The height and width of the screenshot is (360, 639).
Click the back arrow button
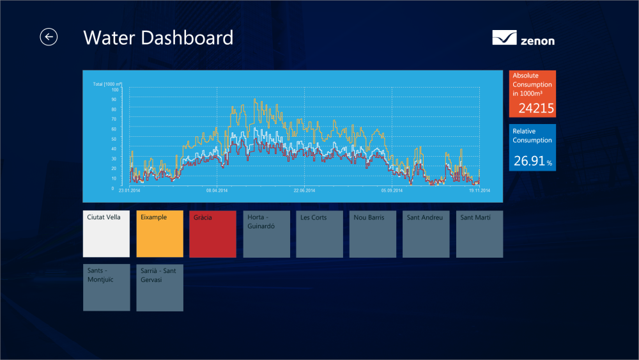[49, 37]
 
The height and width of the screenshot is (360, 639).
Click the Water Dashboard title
[158, 38]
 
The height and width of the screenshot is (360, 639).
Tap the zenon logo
[523, 38]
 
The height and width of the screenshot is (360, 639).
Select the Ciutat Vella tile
[106, 234]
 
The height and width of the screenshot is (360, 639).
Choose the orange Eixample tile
[160, 234]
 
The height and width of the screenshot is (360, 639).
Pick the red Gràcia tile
[213, 234]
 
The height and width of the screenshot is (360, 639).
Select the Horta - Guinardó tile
[266, 234]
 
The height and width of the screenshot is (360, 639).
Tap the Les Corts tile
[319, 234]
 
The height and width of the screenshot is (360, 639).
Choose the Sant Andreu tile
[426, 234]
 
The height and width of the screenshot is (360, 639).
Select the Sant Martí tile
[479, 234]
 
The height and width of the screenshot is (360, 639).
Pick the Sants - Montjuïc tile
[106, 288]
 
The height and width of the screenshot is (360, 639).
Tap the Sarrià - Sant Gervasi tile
[160, 288]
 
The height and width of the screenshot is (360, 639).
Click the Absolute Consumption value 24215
[536, 108]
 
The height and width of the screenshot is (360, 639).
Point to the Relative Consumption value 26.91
[530, 161]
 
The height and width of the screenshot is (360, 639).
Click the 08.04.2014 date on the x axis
[217, 190]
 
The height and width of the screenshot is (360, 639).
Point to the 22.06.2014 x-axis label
[304, 190]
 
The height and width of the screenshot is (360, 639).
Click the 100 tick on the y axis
[114, 90]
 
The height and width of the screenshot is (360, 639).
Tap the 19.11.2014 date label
[479, 190]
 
